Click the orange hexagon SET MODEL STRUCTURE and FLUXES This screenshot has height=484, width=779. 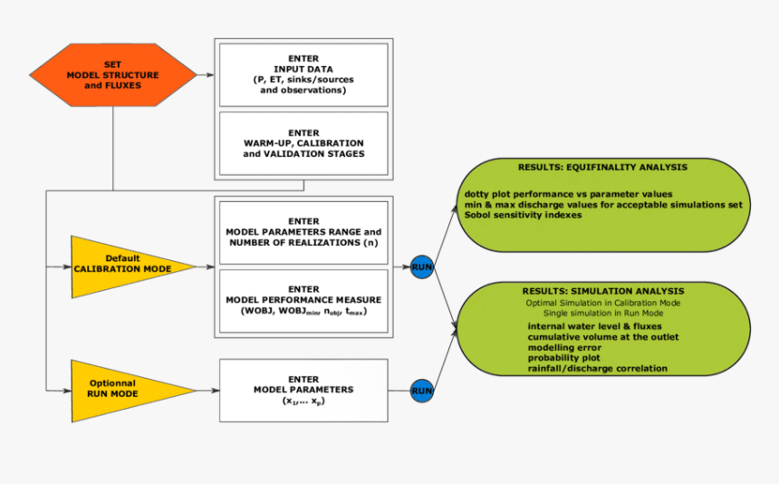point(112,73)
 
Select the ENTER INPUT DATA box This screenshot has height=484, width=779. point(303,74)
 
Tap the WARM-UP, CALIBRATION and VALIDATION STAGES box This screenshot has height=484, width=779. point(303,143)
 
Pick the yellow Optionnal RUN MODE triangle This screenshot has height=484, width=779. point(122,391)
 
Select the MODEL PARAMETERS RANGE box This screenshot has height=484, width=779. point(303,232)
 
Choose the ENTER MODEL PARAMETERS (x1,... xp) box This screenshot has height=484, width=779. point(303,390)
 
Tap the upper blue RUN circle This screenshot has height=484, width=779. point(422,267)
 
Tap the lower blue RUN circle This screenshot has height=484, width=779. point(422,391)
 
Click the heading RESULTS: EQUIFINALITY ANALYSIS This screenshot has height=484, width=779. point(602,168)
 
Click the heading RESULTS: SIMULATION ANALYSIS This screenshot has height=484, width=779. point(602,291)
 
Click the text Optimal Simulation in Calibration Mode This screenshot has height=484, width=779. point(602,302)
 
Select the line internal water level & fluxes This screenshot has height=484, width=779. point(594,325)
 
